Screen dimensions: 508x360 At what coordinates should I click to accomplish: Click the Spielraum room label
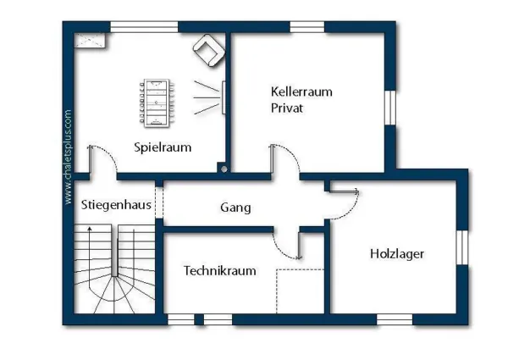[x=163, y=147]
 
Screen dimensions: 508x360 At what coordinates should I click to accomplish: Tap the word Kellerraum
[x=301, y=91]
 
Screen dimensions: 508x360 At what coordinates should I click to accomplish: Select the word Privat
[x=287, y=108]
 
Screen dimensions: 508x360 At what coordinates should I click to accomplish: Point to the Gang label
[x=235, y=208]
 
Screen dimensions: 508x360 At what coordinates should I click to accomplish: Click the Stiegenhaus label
[x=116, y=205]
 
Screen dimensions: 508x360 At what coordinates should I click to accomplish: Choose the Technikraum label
[x=220, y=270]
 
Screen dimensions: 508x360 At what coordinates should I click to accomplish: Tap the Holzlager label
[x=397, y=254]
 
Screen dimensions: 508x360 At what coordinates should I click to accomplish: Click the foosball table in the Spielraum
[x=157, y=103]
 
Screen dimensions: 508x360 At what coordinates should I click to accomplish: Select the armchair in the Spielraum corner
[x=209, y=51]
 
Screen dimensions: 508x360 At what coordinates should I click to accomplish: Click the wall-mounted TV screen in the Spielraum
[x=224, y=97]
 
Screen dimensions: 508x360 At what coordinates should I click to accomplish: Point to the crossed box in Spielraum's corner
[x=90, y=41]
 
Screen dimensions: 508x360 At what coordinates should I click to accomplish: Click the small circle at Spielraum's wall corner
[x=224, y=169]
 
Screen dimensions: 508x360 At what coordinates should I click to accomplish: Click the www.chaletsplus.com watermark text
[x=68, y=158]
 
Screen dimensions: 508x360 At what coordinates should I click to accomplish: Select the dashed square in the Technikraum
[x=300, y=291]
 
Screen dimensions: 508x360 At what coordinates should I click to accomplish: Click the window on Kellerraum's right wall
[x=390, y=108]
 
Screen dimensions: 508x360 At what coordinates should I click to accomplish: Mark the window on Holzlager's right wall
[x=462, y=247]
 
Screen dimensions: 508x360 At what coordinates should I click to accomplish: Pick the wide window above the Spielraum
[x=144, y=27]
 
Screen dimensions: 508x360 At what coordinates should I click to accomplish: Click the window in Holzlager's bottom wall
[x=395, y=319]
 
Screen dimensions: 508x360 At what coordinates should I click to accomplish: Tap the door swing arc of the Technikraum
[x=283, y=250]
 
